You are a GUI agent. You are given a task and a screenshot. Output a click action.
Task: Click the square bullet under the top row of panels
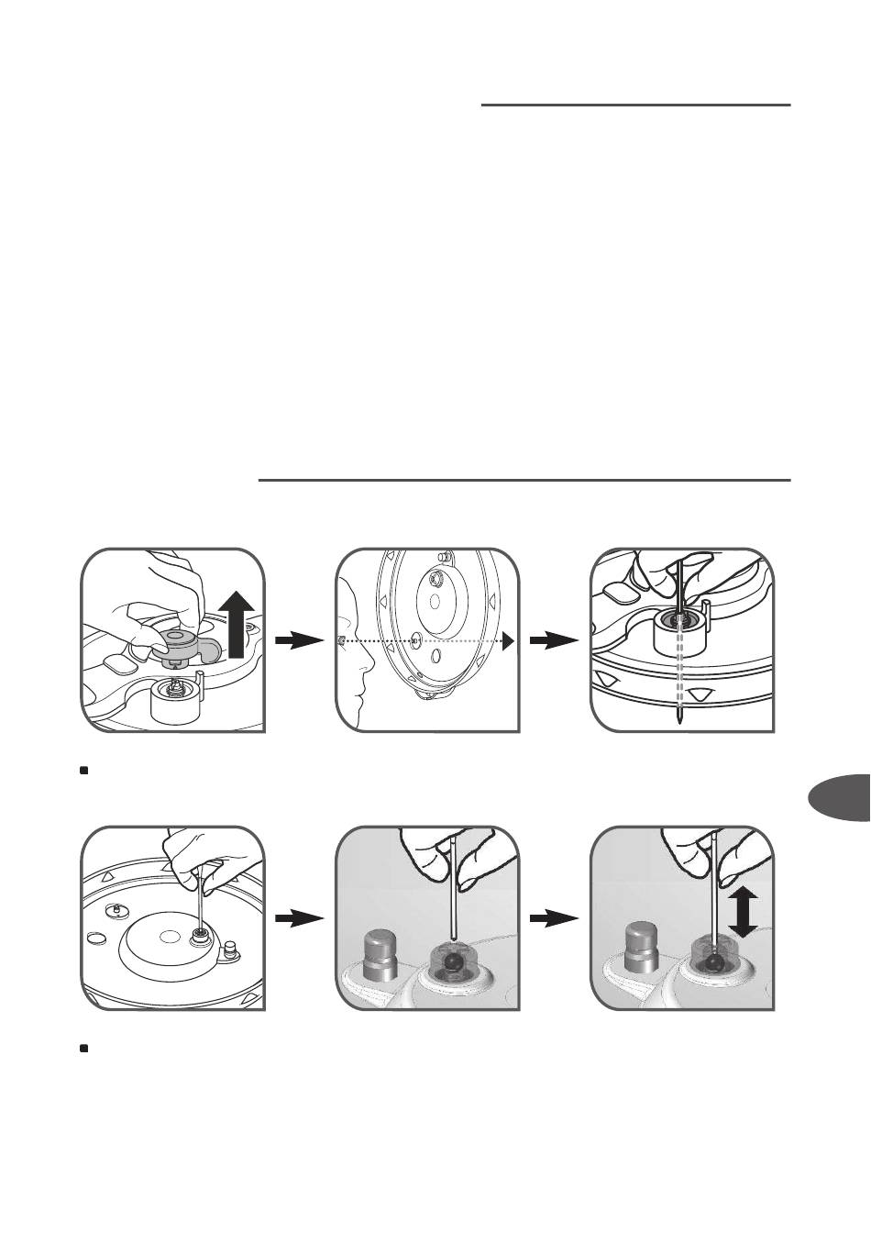click(83, 771)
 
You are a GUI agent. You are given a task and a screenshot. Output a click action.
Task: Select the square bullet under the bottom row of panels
click(83, 1047)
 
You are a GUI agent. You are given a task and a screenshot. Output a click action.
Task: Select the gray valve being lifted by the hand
click(183, 643)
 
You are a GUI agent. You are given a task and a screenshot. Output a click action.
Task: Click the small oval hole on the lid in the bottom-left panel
click(94, 939)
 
